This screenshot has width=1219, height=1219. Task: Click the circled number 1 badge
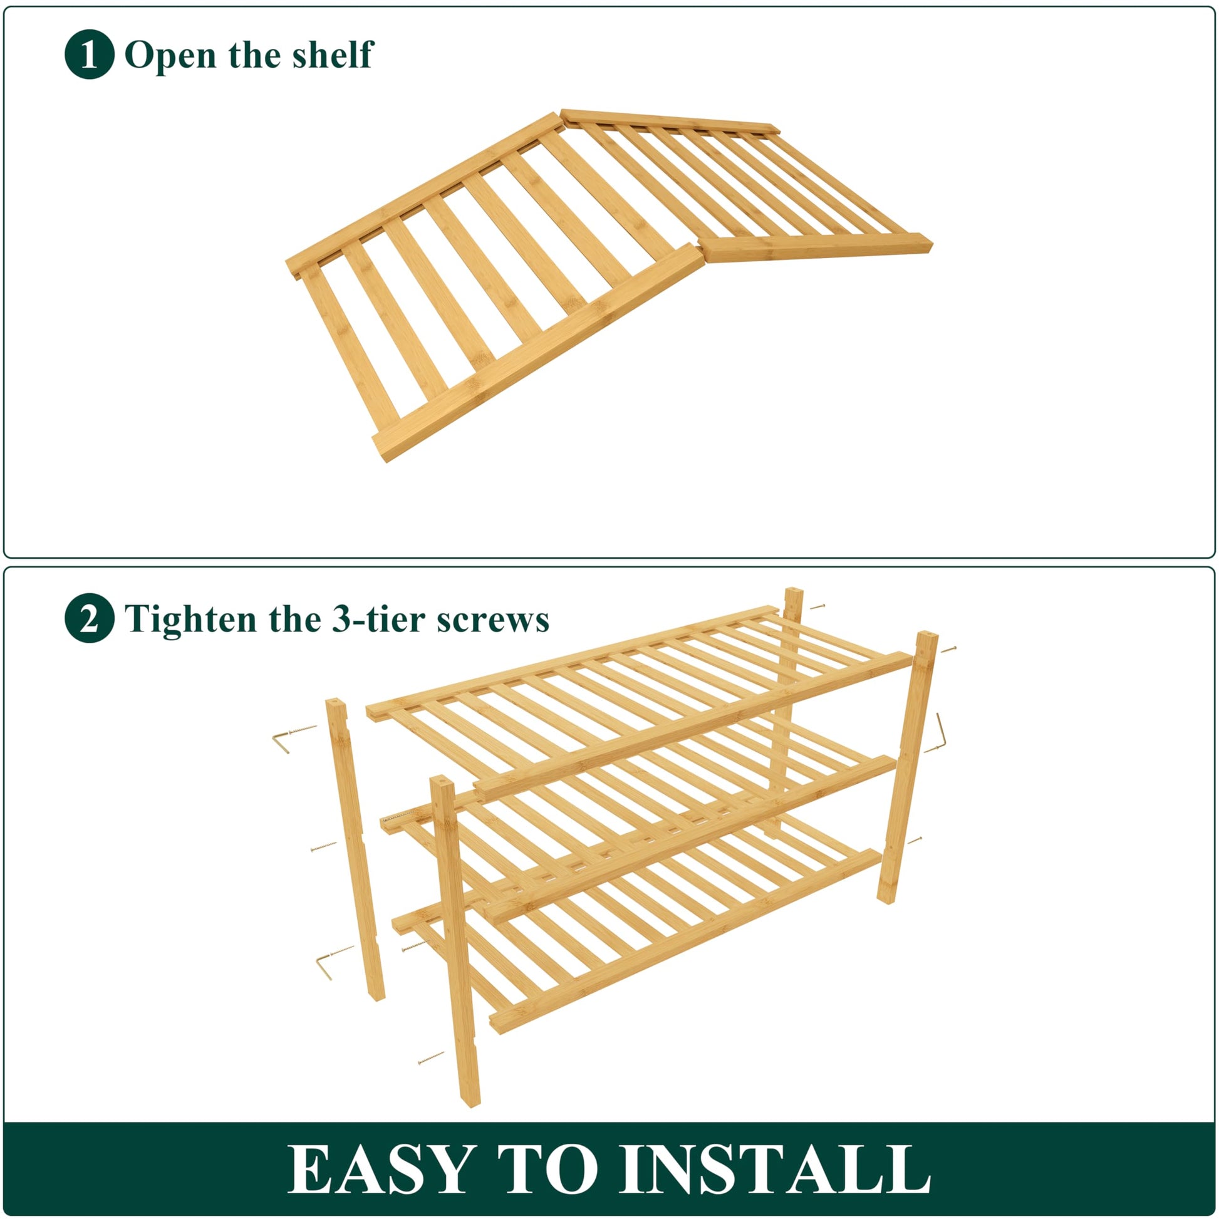pyautogui.click(x=90, y=54)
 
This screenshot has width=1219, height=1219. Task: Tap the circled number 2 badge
pyautogui.click(x=90, y=618)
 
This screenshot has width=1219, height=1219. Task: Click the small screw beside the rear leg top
pyautogui.click(x=817, y=607)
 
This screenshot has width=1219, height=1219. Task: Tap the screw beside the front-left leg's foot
pyautogui.click(x=431, y=1057)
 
